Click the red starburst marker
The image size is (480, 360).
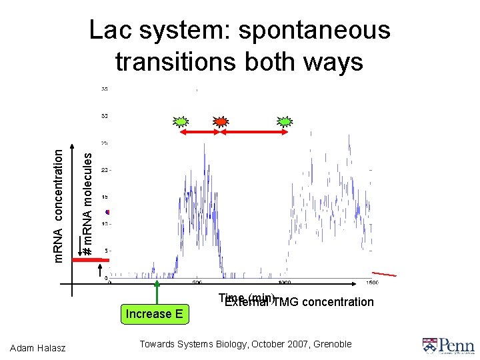[220, 121]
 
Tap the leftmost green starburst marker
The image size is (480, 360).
[180, 121]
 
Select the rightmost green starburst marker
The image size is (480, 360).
[285, 121]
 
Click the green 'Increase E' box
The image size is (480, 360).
[155, 314]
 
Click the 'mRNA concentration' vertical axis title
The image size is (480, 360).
[59, 205]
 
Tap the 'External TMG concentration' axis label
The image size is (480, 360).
[299, 302]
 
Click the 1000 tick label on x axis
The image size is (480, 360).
[285, 282]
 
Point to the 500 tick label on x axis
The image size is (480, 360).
[197, 282]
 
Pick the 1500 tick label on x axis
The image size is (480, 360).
[371, 282]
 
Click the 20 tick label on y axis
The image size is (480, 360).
[105, 170]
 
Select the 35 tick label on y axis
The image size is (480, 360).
[105, 89]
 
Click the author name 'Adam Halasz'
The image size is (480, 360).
[41, 345]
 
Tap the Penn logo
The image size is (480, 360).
[447, 345]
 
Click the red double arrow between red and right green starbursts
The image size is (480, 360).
[253, 134]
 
